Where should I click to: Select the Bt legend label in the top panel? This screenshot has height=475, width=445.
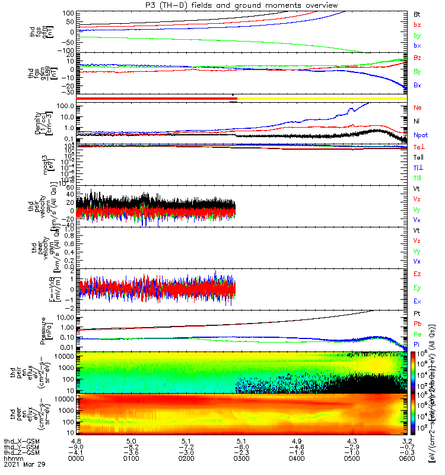point(417,14)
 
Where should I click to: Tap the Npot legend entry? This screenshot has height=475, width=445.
point(420,135)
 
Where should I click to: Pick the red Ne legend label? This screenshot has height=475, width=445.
point(417,108)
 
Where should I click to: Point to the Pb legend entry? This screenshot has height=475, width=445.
point(417,324)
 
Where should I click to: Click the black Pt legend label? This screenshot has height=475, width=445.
point(417,314)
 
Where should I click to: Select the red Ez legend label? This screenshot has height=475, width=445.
point(417,274)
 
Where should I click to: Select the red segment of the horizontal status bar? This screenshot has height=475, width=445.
point(154,98)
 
